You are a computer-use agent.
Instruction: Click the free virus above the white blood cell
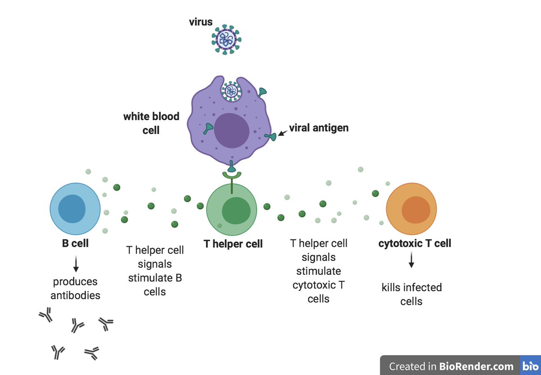[227, 40]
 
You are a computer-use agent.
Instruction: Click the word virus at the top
[201, 22]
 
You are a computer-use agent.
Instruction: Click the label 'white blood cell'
[151, 123]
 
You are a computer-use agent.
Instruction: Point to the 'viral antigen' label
[319, 128]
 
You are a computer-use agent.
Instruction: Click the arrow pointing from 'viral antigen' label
[283, 133]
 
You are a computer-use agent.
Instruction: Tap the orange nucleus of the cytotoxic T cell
[415, 210]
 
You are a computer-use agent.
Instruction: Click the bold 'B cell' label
[75, 244]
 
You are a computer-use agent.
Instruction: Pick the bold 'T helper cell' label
[233, 244]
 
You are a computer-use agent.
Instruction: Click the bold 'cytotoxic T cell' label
[415, 244]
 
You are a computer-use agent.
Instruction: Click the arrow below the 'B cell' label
[76, 264]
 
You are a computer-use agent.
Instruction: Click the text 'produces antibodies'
[75, 289]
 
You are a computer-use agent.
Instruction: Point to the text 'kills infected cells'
[412, 294]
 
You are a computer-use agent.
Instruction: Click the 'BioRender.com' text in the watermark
[476, 366]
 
